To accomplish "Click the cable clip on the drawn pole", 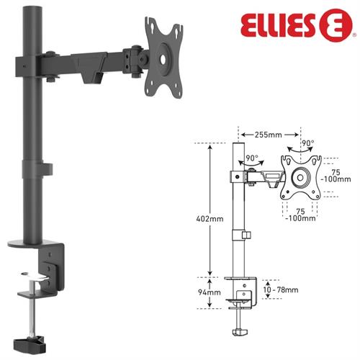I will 246,235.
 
